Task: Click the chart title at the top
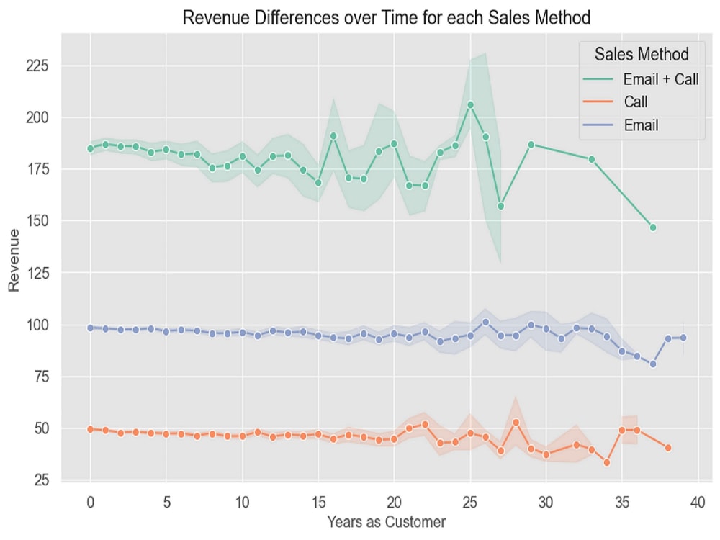tap(386, 17)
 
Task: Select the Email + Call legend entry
tap(660, 79)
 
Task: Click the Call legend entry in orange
tap(636, 102)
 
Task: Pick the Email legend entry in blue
tap(640, 125)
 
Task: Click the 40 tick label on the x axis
tap(697, 501)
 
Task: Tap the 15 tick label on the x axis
tap(318, 501)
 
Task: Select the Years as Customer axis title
tap(386, 521)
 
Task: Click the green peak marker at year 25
tap(470, 104)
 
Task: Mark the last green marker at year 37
tap(652, 228)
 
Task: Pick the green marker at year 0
tap(91, 148)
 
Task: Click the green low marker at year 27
tap(500, 206)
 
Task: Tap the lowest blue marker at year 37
tap(652, 364)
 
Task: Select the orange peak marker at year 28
tap(516, 422)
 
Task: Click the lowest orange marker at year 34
tap(607, 462)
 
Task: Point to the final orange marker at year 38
tap(667, 448)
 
